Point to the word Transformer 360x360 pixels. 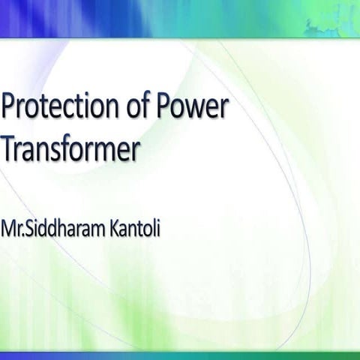coord(71,150)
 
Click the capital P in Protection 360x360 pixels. coord(10,109)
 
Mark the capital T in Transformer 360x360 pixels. coord(10,150)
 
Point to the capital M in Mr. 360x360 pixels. coord(10,223)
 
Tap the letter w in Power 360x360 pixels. coord(197,112)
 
